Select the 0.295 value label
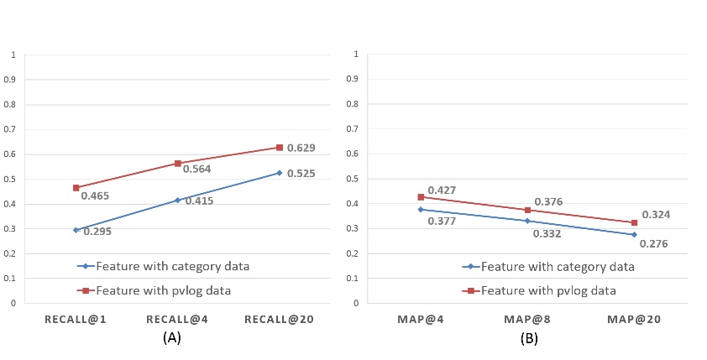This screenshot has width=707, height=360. (x=97, y=231)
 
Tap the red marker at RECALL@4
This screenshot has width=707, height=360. (x=178, y=163)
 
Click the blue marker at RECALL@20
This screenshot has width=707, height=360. (x=280, y=173)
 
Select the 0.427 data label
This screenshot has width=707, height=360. (x=442, y=190)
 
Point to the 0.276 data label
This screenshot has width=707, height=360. (x=654, y=243)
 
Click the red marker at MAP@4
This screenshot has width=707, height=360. (x=421, y=197)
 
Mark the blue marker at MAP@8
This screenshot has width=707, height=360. (x=527, y=221)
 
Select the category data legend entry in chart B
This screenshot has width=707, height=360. (x=548, y=267)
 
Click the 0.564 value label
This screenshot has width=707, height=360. (x=196, y=169)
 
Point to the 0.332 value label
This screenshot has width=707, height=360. (x=547, y=233)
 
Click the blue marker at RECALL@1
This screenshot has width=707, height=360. (x=76, y=230)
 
